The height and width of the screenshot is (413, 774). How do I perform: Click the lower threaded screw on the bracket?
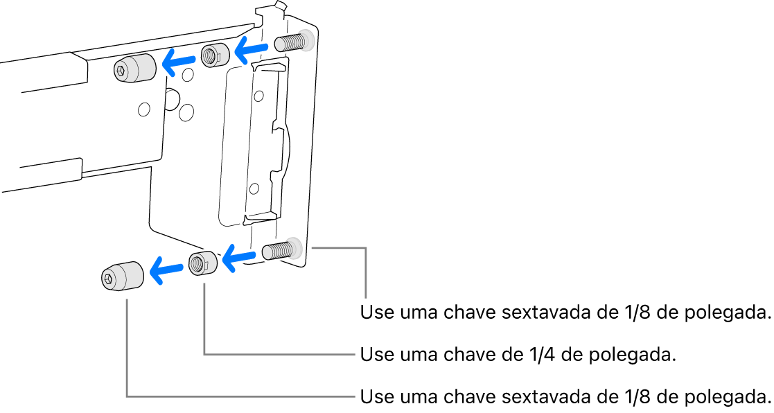279,250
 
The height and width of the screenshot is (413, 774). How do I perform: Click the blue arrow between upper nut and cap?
179,62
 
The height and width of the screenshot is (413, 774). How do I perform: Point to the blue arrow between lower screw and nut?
239,258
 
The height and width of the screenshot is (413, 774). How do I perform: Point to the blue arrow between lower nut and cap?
166,270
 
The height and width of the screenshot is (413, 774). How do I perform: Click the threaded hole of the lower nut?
198,263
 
